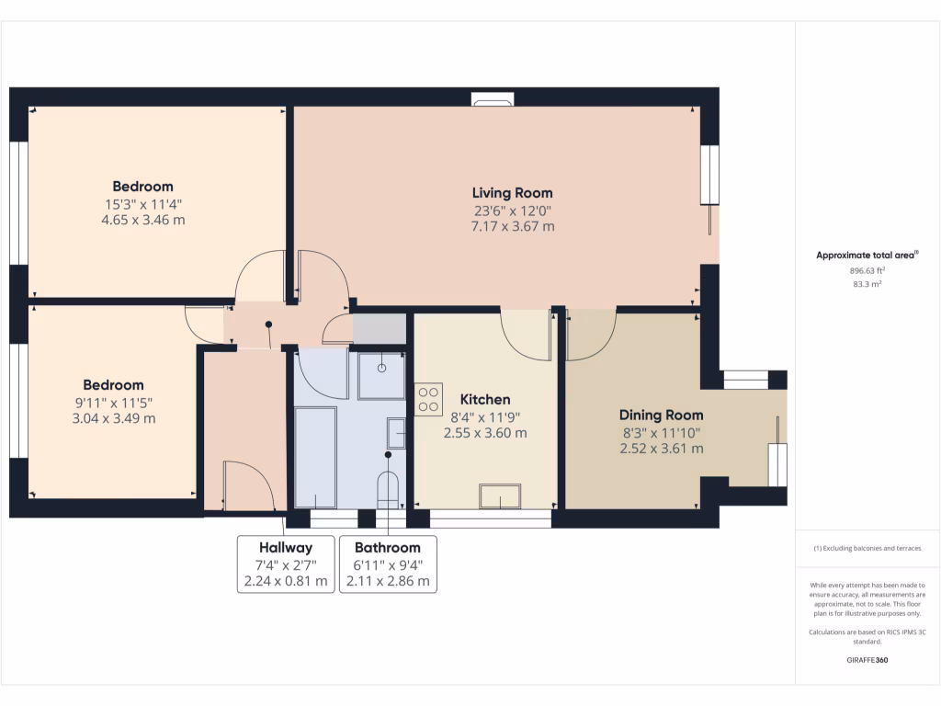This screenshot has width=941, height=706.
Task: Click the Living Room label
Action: pos(512,193)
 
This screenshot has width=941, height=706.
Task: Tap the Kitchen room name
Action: pos(485,400)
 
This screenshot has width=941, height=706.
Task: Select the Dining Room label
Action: pos(661,415)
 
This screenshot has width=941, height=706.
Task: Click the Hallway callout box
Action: pos(286,564)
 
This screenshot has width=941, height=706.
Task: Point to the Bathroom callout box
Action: pos(388,564)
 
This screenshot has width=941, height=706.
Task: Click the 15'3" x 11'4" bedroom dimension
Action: pos(142,204)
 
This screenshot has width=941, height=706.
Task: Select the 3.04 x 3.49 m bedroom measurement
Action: pos(113,418)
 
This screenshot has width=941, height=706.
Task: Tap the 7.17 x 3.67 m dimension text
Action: pos(512,226)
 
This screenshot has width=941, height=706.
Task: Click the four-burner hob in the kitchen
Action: pos(428,399)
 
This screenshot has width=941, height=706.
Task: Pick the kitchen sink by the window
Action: pos(500,496)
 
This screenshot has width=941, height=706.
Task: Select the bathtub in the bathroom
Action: pos(315,458)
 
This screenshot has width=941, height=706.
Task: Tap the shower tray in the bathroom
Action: pos(380,375)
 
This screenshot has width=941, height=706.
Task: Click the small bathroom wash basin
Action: pos(396,431)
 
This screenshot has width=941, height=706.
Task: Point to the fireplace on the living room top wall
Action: pos(493,99)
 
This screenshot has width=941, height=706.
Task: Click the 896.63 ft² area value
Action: pos(867,271)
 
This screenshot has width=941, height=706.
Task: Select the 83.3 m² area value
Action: pos(867,285)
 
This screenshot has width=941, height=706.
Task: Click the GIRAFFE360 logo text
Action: pos(867,660)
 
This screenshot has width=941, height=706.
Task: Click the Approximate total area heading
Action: pos(867,256)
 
